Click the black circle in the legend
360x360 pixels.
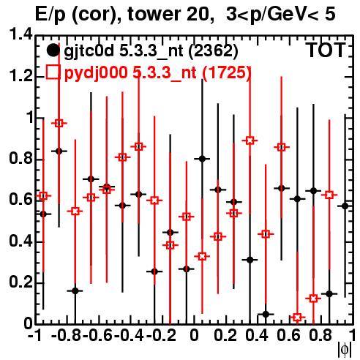point(53,50)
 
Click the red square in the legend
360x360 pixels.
point(53,72)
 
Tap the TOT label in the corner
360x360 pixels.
point(326,50)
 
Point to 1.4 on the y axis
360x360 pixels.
point(20,35)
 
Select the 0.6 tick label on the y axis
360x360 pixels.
point(20,200)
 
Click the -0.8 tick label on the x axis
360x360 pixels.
point(67,336)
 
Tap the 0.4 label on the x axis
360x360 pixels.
point(257,336)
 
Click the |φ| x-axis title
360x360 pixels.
point(345,350)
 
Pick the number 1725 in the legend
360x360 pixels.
point(227,72)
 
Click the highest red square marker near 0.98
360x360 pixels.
point(59,123)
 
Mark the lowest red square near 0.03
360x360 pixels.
point(297,318)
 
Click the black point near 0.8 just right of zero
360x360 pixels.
point(202,159)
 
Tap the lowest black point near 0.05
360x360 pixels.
point(266,314)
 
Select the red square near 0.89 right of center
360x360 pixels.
point(250,140)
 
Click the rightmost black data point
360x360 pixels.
point(345,206)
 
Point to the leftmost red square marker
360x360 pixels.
point(43,195)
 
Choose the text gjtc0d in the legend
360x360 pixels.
point(89,51)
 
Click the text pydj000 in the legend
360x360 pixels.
point(96,73)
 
